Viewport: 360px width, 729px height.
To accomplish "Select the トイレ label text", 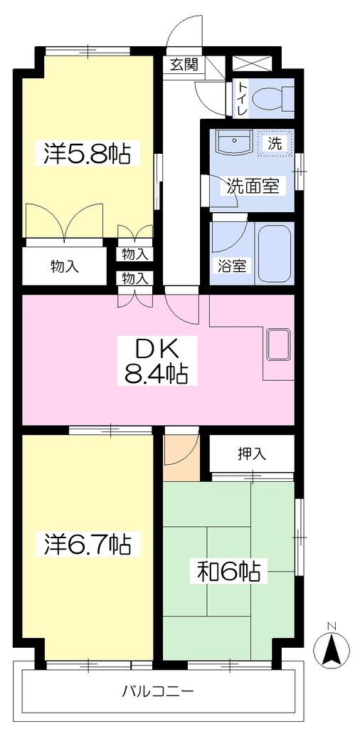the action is [242, 98].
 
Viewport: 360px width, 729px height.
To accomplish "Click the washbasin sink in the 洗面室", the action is [235, 142].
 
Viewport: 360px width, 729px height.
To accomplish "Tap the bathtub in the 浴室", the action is [275, 254].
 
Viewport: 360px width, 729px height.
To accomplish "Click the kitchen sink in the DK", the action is [278, 344].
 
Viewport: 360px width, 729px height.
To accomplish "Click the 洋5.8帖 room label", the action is [87, 153].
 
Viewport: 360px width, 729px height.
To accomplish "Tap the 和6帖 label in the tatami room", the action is [228, 572].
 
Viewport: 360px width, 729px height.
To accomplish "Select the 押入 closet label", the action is [253, 453].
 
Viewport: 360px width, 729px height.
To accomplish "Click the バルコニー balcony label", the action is [158, 691].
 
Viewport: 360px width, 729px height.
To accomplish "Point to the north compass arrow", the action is [331, 650].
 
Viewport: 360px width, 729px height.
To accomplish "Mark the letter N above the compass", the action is [331, 626].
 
